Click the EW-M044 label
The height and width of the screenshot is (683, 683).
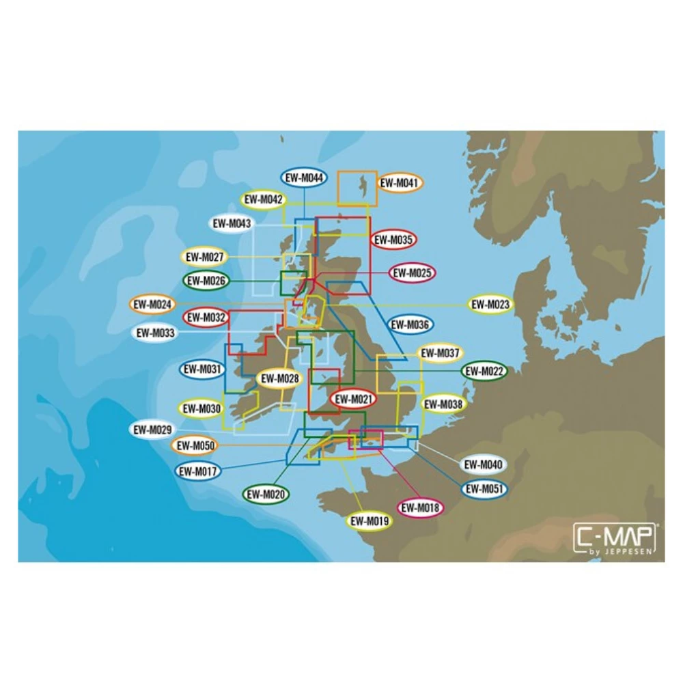(x=304, y=178)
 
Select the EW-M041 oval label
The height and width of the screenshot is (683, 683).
(x=400, y=182)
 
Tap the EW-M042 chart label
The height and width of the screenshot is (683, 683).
(x=263, y=200)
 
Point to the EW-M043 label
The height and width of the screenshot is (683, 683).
(x=232, y=223)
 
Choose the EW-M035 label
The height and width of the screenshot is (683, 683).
(x=393, y=239)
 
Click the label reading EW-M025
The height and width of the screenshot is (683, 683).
(x=413, y=273)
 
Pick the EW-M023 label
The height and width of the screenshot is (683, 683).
(x=491, y=305)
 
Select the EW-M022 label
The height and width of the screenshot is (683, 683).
(x=484, y=371)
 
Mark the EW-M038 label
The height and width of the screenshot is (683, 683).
(x=443, y=404)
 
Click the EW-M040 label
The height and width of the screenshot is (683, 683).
(x=483, y=465)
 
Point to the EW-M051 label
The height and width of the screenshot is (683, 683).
(x=484, y=488)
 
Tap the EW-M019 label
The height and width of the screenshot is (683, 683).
(x=370, y=521)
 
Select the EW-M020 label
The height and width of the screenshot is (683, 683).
(x=266, y=494)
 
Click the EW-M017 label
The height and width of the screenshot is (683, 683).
(x=197, y=471)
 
